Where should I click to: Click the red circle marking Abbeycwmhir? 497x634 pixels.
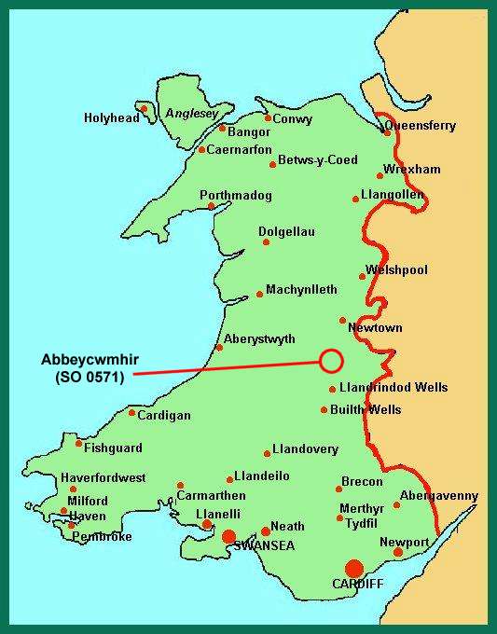click(331, 360)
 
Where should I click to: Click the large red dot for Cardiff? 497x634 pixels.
click(353, 568)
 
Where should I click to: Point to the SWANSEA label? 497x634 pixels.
click(266, 545)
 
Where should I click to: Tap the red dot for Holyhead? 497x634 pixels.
click(145, 108)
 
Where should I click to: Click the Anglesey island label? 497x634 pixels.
click(191, 114)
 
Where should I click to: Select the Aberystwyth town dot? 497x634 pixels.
click(219, 348)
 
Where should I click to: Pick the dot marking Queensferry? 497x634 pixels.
click(388, 132)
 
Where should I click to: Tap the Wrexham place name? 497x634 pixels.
click(411, 170)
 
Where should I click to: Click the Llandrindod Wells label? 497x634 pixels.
click(393, 388)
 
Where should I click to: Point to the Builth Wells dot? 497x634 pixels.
click(324, 409)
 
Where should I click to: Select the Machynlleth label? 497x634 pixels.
click(301, 290)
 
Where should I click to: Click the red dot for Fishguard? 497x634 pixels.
click(78, 443)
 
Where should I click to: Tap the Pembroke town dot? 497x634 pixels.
click(72, 525)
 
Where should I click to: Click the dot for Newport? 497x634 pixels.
click(398, 552)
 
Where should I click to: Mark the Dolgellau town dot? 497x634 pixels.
click(266, 241)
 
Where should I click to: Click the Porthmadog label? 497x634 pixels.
click(236, 196)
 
